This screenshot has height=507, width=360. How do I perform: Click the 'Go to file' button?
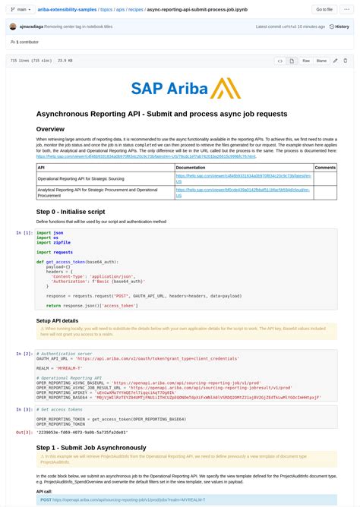(x=324, y=9)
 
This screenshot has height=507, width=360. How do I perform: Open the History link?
(x=339, y=27)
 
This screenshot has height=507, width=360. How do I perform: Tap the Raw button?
(x=306, y=61)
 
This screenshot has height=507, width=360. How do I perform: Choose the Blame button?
(x=321, y=61)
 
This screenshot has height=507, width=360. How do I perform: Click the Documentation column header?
(x=191, y=167)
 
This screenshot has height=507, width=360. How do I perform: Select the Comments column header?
(x=325, y=167)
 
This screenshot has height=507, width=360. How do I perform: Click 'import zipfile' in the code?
(x=53, y=242)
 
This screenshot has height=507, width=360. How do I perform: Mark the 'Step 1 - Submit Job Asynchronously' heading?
(x=102, y=448)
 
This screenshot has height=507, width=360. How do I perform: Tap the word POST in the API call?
(x=46, y=500)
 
